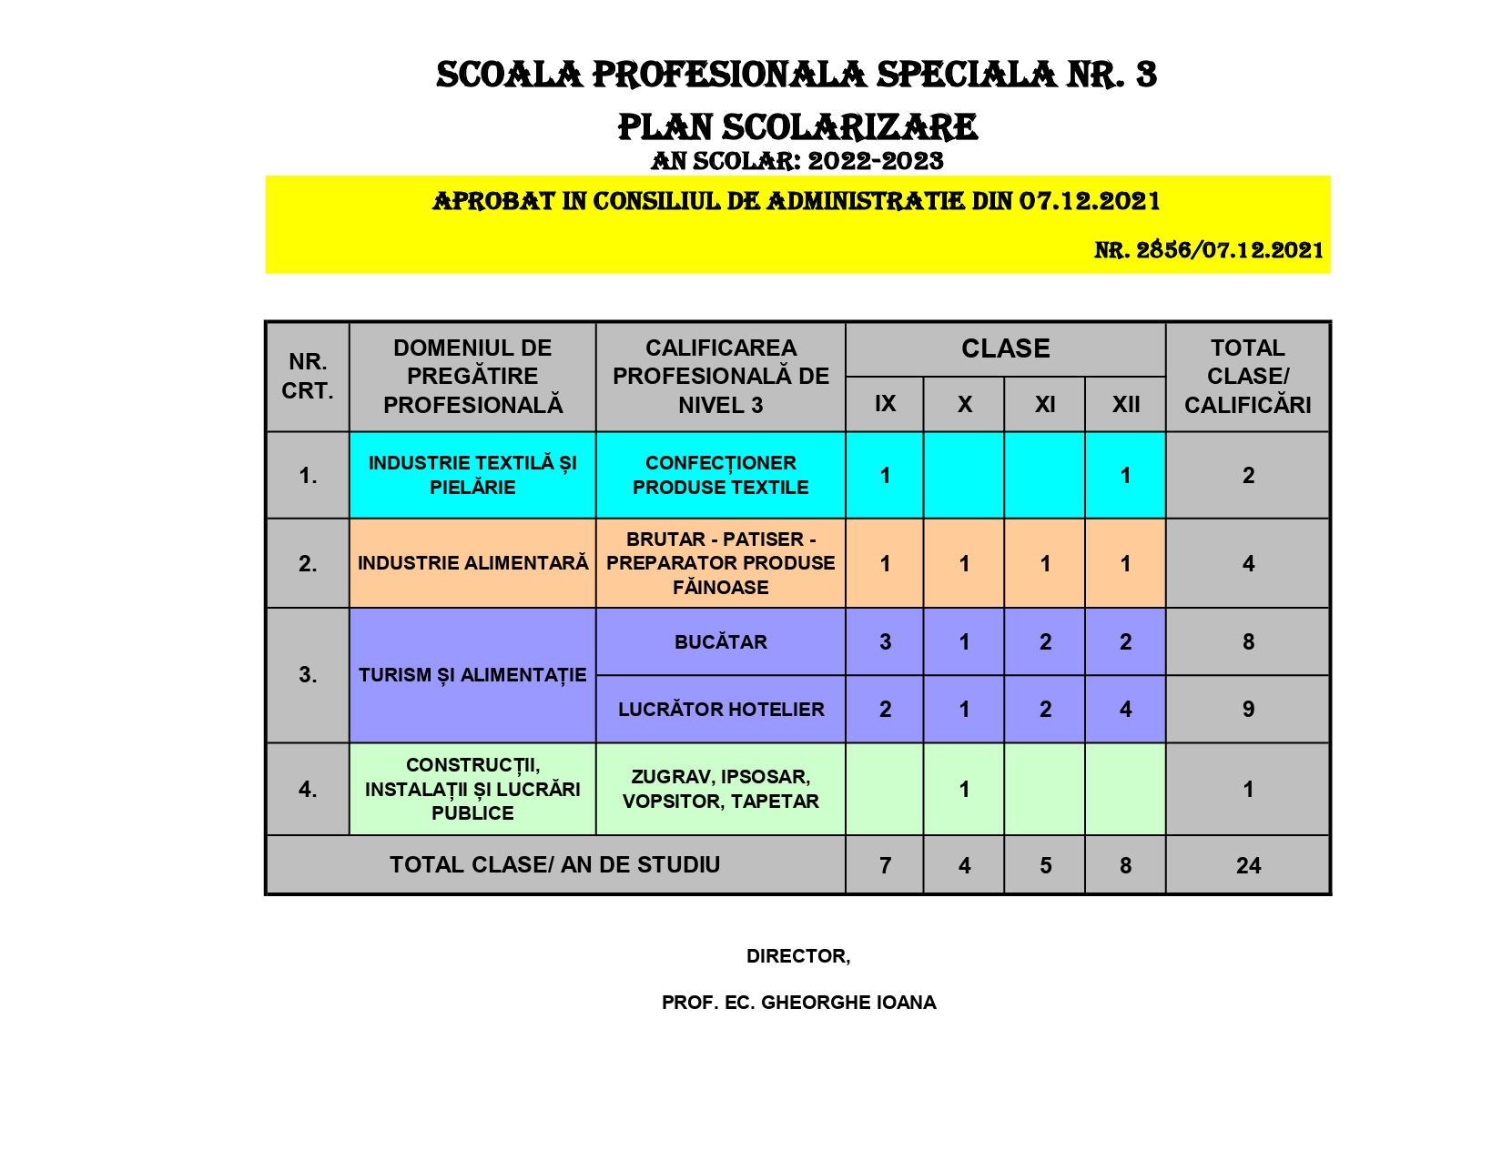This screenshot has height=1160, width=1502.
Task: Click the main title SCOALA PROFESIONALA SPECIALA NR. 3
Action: tap(797, 75)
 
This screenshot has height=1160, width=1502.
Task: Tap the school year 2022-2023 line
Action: tap(797, 161)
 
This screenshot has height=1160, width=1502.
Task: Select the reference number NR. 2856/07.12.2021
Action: tap(1209, 250)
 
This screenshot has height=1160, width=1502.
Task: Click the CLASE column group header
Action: tap(1005, 348)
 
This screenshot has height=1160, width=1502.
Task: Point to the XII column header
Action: tap(1125, 404)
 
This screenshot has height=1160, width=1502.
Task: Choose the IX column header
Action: tap(885, 404)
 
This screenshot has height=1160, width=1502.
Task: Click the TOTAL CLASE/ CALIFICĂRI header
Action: tap(1247, 377)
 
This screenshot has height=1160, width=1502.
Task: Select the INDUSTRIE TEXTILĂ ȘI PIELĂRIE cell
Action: tap(472, 475)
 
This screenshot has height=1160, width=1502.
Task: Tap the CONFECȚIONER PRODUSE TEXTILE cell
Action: tap(720, 475)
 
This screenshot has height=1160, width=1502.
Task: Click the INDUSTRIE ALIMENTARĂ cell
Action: tap(472, 563)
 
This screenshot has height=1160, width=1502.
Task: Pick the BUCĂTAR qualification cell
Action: tap(720, 642)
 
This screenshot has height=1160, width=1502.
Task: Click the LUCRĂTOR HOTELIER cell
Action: tap(720, 710)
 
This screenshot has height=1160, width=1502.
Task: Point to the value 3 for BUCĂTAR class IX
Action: tap(885, 642)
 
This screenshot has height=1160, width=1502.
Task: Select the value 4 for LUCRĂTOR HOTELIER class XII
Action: tap(1125, 710)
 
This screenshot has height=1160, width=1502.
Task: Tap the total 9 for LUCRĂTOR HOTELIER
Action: tap(1248, 710)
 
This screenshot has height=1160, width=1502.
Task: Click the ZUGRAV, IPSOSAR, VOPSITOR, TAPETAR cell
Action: tap(720, 789)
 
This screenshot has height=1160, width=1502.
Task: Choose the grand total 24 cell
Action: tap(1248, 866)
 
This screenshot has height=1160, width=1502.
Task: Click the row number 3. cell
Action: tap(308, 675)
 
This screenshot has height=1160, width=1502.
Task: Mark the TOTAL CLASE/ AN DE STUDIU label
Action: tap(554, 865)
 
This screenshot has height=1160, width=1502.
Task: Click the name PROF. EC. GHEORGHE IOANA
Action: tap(798, 1003)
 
